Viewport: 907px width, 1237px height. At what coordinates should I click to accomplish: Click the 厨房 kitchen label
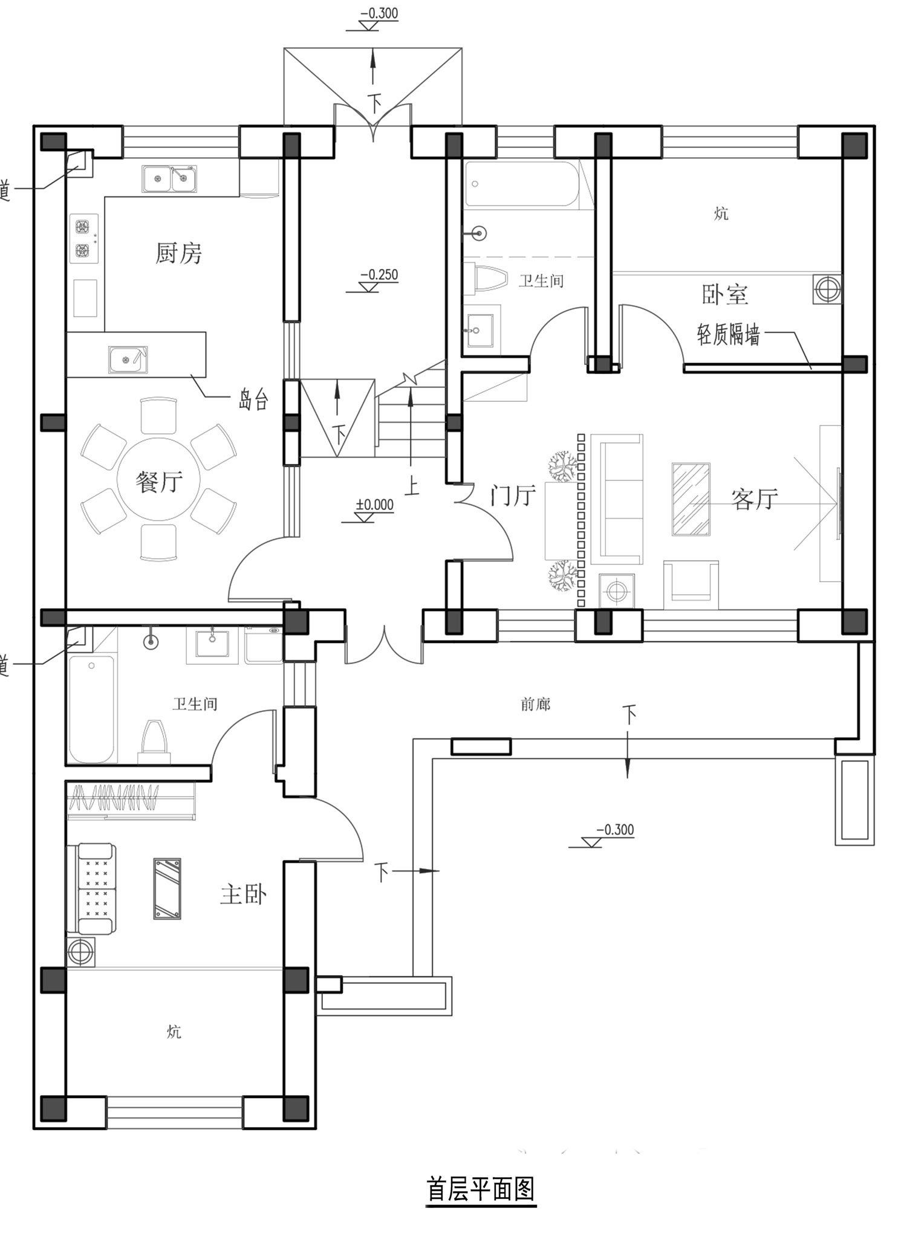(178, 253)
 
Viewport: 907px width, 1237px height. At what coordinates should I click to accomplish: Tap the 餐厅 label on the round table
(159, 482)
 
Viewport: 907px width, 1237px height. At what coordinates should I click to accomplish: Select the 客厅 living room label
(755, 499)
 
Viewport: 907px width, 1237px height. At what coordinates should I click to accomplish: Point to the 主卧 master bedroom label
(243, 894)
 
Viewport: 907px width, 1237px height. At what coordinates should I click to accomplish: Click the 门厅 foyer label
(513, 496)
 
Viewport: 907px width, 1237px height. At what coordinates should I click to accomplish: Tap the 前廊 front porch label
(536, 704)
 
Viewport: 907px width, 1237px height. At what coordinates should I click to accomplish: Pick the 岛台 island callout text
(253, 399)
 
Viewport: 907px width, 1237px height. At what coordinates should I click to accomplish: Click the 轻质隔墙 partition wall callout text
(729, 334)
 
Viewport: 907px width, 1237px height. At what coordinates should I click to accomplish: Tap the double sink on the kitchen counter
(169, 179)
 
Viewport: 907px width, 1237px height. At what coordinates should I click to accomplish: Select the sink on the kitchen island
(128, 360)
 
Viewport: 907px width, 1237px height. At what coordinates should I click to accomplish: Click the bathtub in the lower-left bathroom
(91, 709)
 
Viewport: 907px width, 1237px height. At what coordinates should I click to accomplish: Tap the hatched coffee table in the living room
(691, 499)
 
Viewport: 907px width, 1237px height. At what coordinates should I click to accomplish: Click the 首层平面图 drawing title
(481, 1189)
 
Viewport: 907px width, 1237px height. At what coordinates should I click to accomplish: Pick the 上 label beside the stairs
(412, 486)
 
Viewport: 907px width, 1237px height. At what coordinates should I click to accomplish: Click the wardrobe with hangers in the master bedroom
(131, 800)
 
